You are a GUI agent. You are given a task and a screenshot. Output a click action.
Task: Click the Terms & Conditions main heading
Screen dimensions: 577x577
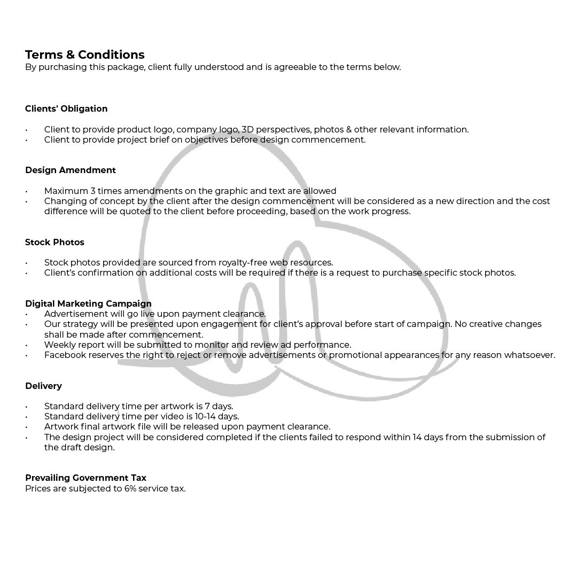click(84, 54)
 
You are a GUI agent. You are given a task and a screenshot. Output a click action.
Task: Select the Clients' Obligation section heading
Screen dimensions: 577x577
click(66, 108)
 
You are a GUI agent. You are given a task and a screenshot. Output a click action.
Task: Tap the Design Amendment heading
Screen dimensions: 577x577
click(70, 170)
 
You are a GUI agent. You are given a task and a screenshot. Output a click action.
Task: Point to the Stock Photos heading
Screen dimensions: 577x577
click(54, 242)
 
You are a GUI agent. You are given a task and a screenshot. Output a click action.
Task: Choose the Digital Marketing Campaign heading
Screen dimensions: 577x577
click(88, 303)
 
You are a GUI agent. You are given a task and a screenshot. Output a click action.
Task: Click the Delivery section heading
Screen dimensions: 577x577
click(43, 386)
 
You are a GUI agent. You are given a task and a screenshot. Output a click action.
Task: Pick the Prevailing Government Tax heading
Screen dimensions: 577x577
click(85, 478)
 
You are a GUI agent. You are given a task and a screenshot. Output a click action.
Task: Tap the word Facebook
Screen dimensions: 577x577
click(65, 355)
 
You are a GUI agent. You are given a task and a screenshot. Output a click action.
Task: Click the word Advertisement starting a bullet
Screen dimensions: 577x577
click(76, 314)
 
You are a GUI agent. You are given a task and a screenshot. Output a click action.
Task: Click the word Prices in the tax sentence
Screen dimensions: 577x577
click(37, 488)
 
